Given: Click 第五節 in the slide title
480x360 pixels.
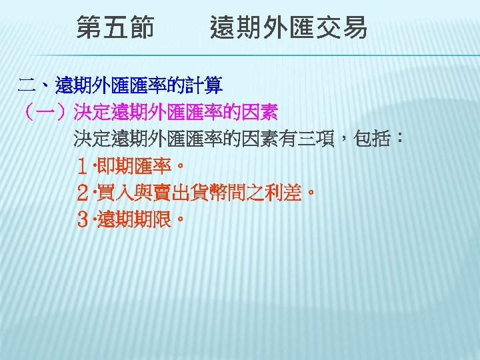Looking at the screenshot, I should click(115, 29).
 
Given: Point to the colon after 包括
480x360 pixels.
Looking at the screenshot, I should click(399, 139).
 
